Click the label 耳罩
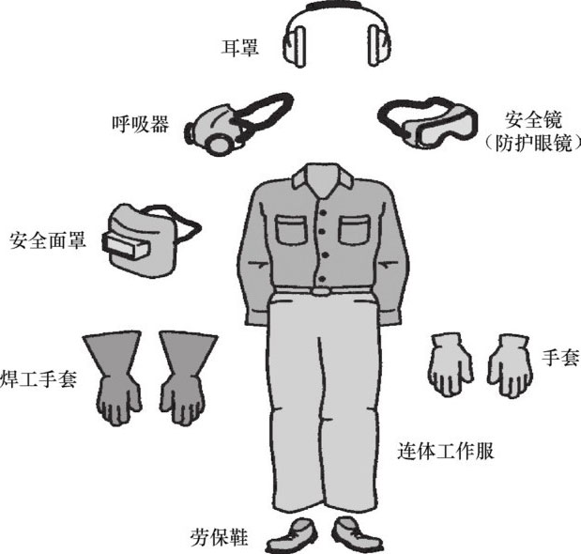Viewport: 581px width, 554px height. [x=239, y=48]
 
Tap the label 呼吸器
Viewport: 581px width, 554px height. [x=141, y=124]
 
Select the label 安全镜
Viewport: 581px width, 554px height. [x=533, y=119]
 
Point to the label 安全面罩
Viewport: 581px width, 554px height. [x=48, y=240]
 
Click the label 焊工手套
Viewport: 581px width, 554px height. [x=38, y=378]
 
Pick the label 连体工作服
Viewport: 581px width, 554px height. [x=446, y=451]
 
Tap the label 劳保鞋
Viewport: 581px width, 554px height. [x=219, y=537]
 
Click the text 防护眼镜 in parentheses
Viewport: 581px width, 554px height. [x=533, y=143]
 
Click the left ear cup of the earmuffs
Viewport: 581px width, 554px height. [x=295, y=46]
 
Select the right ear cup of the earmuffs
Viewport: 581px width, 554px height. [x=379, y=46]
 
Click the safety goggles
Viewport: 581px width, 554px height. [x=429, y=121]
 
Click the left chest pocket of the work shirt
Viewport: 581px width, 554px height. [x=292, y=229]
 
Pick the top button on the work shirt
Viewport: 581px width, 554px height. [x=323, y=213]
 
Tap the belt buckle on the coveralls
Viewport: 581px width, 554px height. [x=321, y=291]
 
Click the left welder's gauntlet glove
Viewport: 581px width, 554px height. [x=115, y=377]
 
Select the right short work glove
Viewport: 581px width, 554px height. [x=510, y=366]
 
